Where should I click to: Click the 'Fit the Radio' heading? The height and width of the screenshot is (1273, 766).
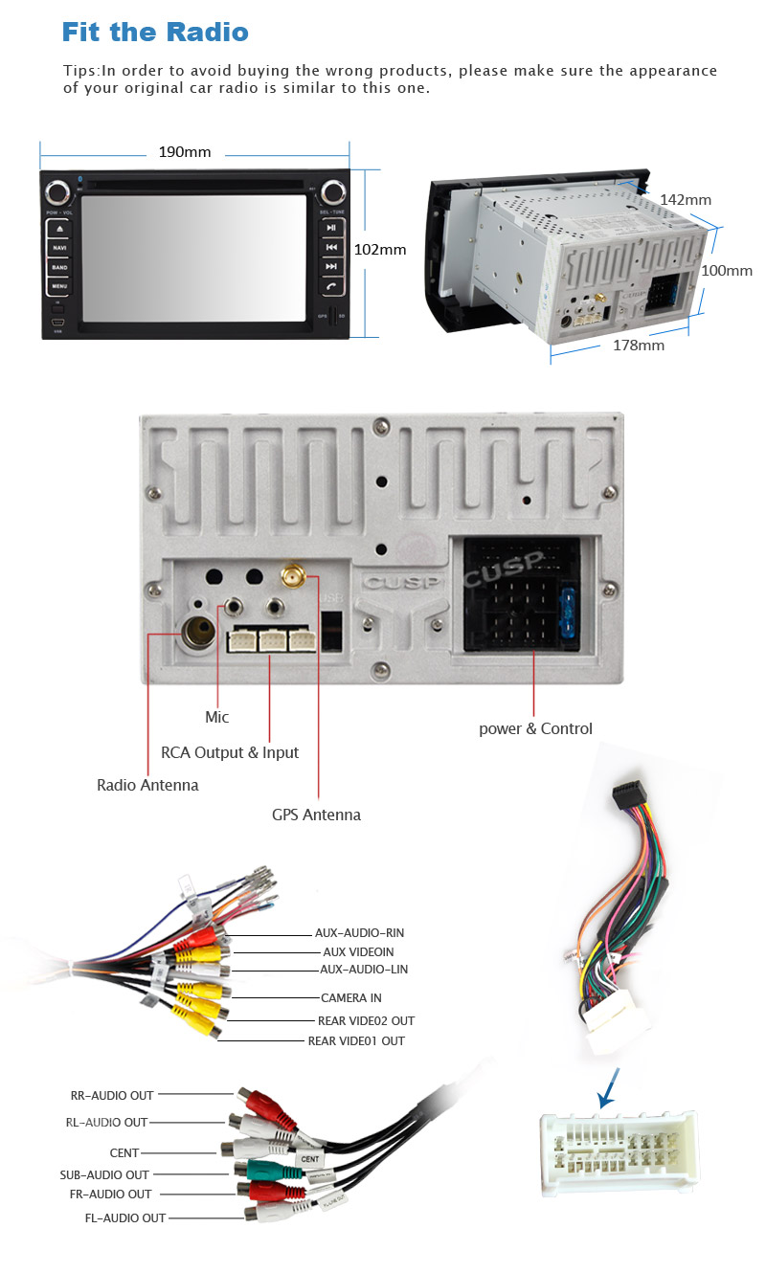tap(155, 32)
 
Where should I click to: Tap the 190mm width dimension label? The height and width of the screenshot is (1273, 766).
tap(185, 152)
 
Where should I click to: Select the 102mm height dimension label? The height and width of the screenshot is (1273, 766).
tap(380, 250)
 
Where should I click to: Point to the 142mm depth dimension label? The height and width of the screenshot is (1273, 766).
tap(686, 200)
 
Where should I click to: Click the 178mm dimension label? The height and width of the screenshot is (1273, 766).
tap(639, 346)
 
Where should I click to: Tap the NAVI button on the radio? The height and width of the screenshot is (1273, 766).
tap(59, 248)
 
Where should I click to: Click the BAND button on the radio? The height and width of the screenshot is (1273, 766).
tap(59, 267)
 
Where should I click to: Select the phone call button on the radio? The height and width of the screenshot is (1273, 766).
tap(331, 285)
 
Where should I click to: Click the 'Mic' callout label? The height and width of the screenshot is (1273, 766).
tap(217, 717)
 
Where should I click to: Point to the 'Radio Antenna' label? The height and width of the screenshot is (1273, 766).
tap(147, 785)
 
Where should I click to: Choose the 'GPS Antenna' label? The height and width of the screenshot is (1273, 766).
tap(316, 815)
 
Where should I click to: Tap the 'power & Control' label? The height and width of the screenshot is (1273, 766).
tap(535, 728)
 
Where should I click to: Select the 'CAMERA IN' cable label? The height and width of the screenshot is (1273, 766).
tap(350, 998)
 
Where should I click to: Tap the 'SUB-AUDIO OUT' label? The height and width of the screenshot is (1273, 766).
tap(104, 1174)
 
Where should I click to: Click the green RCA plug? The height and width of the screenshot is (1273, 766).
tap(259, 1169)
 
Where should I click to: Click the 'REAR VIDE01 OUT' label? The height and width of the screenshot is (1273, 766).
tap(356, 1040)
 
